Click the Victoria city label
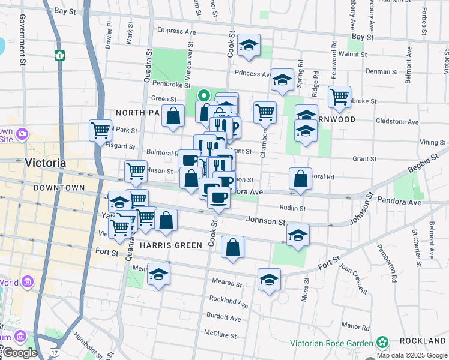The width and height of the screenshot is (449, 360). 45,163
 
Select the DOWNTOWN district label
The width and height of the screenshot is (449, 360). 59,188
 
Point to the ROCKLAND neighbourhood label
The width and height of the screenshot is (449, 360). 423,340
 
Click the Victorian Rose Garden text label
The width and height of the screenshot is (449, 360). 332,343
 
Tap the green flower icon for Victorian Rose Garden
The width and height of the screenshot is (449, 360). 382,343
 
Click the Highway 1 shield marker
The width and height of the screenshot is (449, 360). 59,55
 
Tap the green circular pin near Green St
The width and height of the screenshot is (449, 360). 204,95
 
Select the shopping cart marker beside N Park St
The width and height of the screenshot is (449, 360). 100,129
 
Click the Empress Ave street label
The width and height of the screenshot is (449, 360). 176,31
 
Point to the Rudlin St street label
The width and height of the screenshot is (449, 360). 293,208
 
